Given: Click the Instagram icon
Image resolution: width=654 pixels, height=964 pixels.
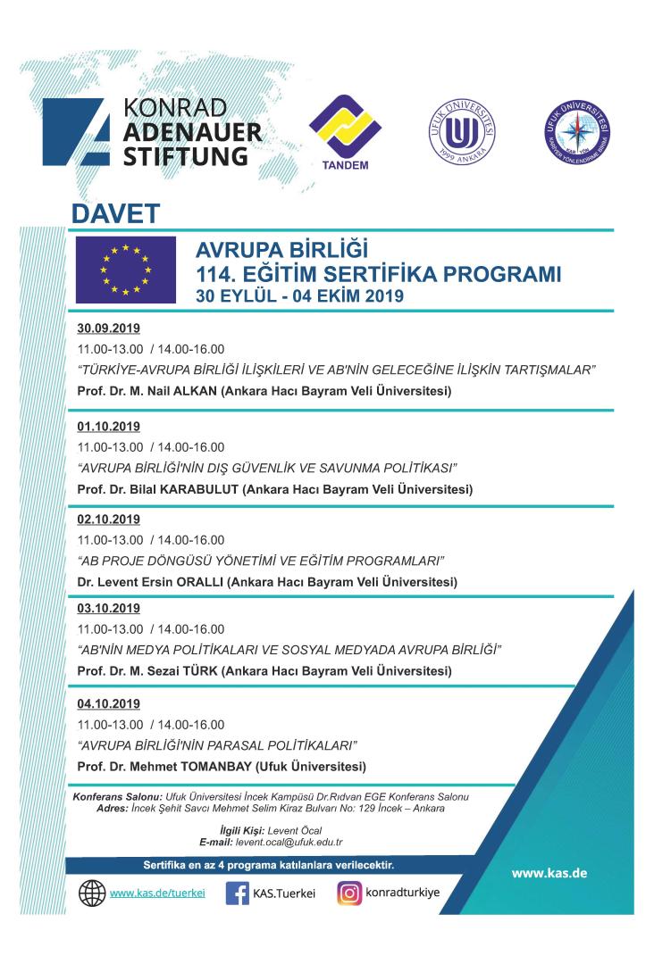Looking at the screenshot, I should point(349,893).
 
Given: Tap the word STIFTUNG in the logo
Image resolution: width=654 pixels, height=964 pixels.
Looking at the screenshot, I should point(183,156).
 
